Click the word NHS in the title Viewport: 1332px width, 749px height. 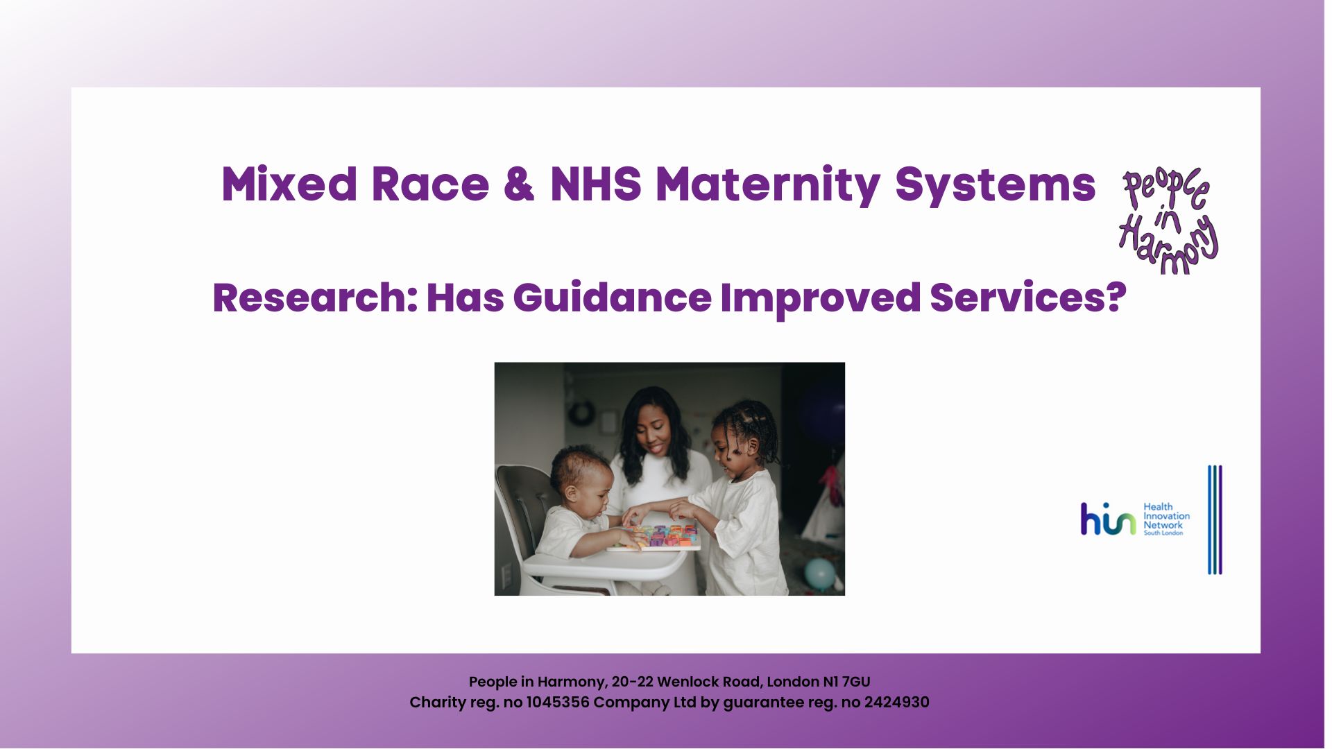tap(595, 184)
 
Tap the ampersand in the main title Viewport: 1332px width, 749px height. tap(519, 184)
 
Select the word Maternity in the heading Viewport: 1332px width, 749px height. tap(767, 186)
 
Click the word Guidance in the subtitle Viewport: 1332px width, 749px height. tap(612, 298)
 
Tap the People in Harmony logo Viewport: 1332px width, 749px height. tap(1169, 221)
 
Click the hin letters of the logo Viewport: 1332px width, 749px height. tap(1107, 519)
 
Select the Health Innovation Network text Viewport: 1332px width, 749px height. tap(1165, 519)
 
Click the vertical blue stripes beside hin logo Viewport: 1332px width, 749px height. tap(1215, 519)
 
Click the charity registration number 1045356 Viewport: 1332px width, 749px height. tap(557, 703)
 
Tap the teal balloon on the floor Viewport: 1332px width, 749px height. tap(820, 574)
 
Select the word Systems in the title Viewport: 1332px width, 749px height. tap(995, 186)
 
